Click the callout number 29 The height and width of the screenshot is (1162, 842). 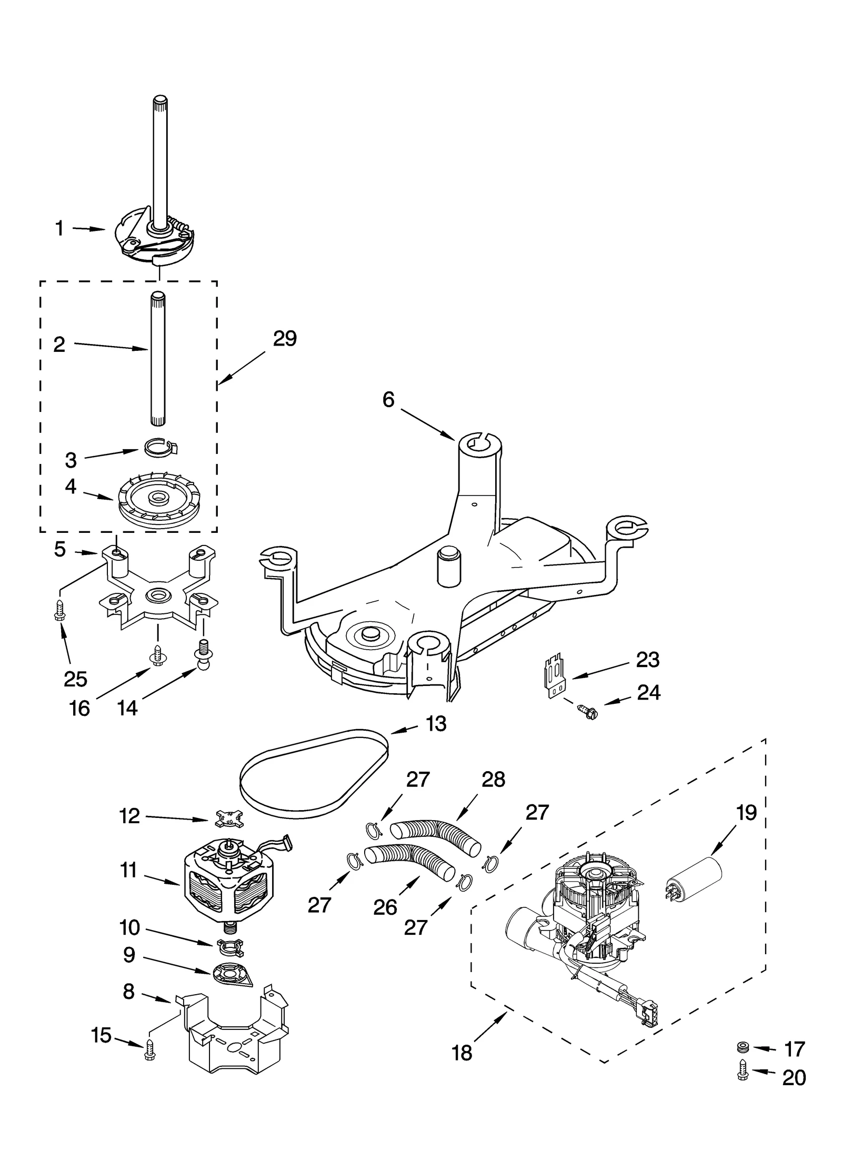tap(285, 339)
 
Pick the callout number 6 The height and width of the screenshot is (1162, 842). tap(388, 400)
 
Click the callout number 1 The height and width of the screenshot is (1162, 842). tap(59, 229)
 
